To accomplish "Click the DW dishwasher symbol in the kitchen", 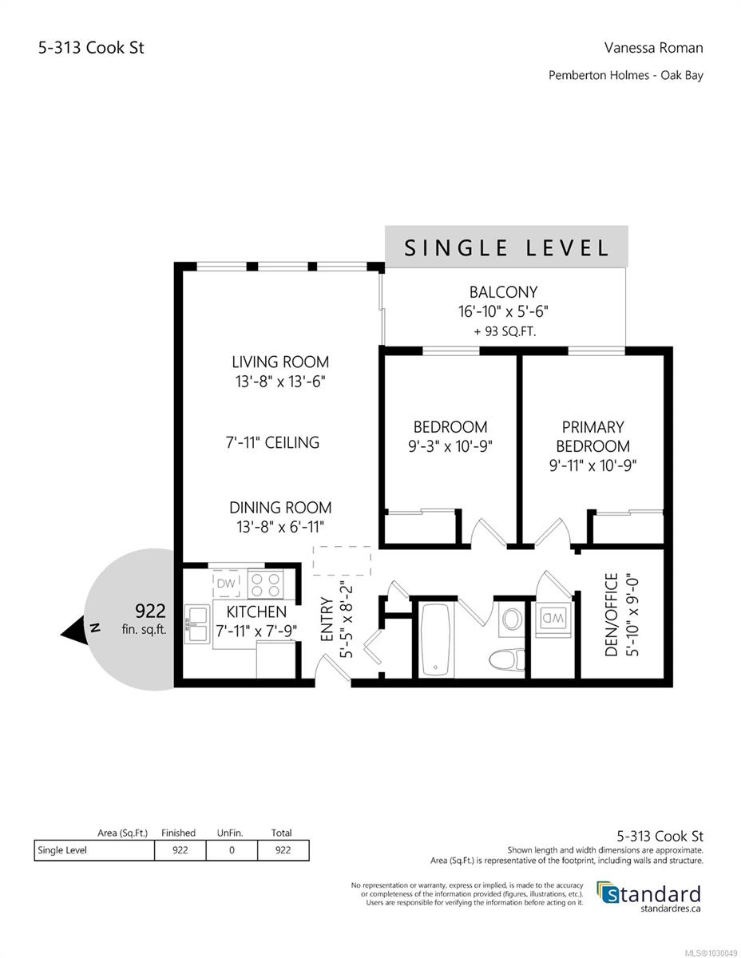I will click(226, 584).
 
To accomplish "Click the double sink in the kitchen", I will click(196, 623).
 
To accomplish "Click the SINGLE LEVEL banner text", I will click(506, 247).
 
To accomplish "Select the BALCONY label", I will click(503, 292).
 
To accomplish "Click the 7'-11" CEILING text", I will click(272, 441).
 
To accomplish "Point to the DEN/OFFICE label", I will click(612, 613).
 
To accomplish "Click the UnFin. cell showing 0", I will click(232, 850).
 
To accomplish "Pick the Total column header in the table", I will click(283, 833).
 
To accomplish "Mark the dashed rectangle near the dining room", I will click(343, 560).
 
